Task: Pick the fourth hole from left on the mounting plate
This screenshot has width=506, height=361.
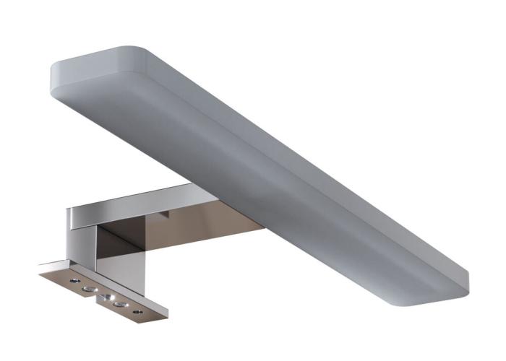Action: click(120, 305)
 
